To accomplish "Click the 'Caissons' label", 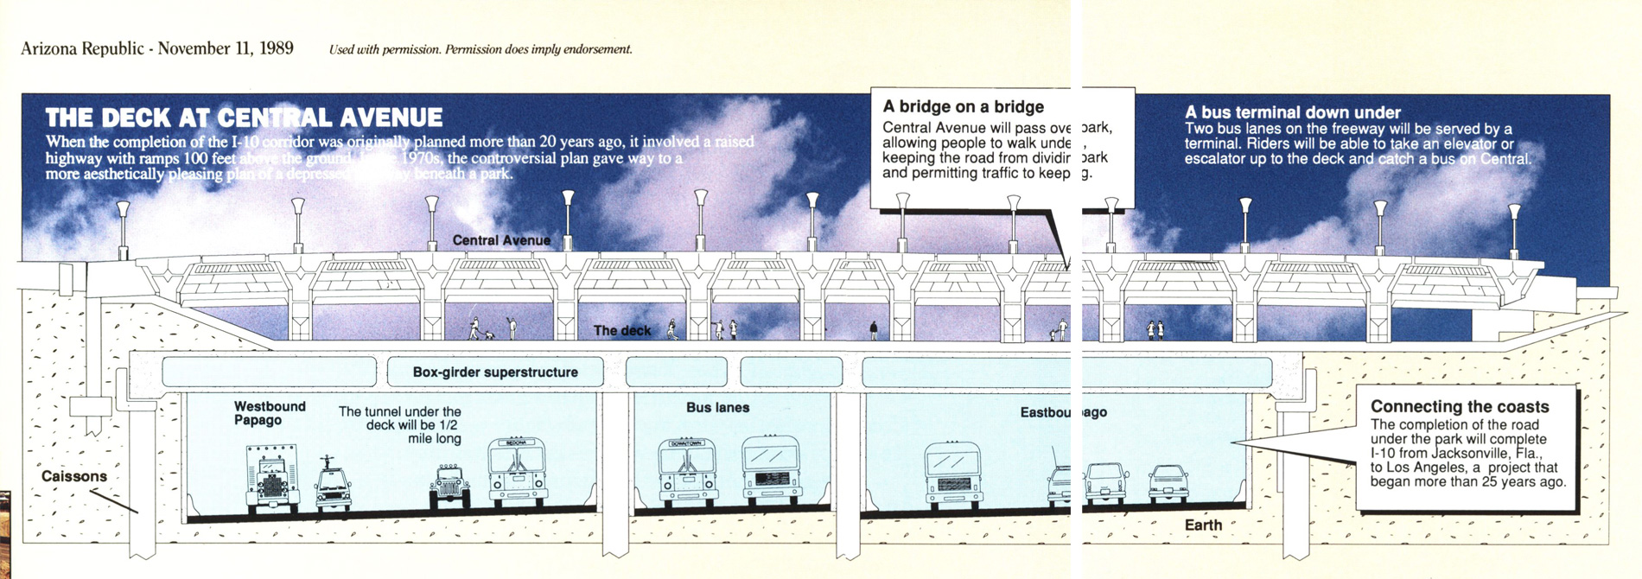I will click(74, 476).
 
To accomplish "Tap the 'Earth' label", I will click(1203, 525).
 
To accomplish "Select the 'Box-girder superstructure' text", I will click(495, 372).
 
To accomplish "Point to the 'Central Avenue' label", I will click(501, 240).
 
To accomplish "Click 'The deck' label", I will click(622, 331).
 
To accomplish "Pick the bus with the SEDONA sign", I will click(518, 473).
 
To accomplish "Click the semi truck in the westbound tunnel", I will click(272, 478).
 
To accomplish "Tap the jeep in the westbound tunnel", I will click(450, 486).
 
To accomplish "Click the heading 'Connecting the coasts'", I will click(1460, 406).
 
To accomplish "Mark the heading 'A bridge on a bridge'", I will click(963, 107).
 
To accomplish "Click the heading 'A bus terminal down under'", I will click(1292, 112).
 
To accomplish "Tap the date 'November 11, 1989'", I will click(226, 48).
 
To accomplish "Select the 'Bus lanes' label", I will click(717, 407).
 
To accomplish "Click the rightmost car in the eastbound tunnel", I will click(1168, 483).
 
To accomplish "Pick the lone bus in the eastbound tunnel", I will click(952, 474).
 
